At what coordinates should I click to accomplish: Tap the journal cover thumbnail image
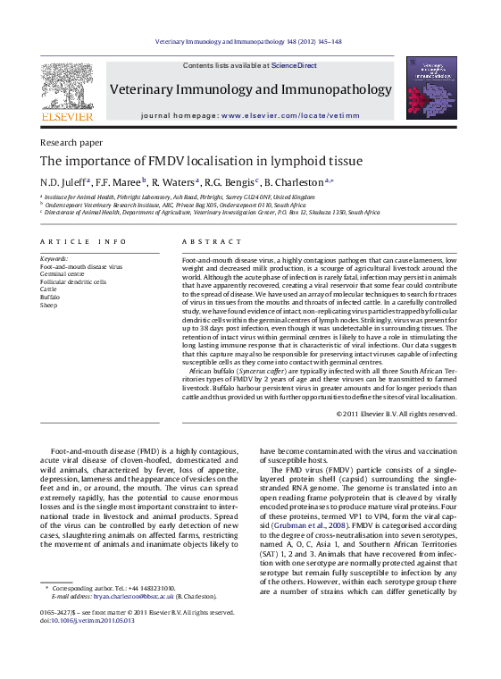(430, 87)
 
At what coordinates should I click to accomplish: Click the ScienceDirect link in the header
(294, 65)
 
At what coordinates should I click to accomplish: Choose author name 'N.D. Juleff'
(63, 181)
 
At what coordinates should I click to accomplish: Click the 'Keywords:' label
(54, 259)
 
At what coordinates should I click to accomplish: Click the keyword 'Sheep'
(49, 305)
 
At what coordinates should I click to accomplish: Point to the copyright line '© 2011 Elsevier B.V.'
(396, 414)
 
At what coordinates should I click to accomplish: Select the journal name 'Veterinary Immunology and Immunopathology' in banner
(250, 90)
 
